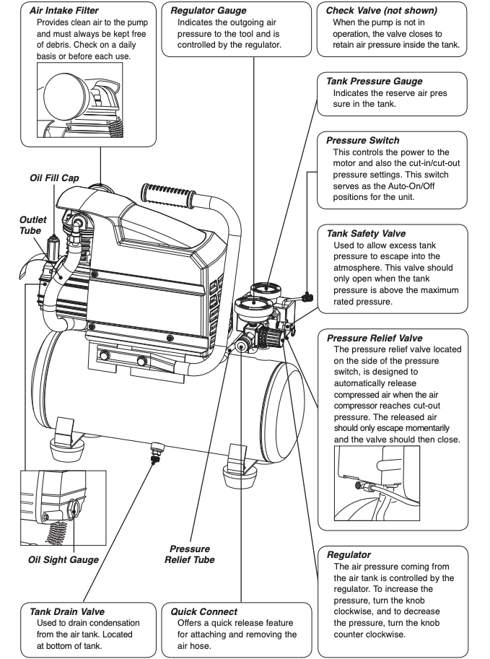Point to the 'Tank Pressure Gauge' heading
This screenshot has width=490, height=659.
375,82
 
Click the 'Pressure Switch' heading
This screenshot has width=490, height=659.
362,140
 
